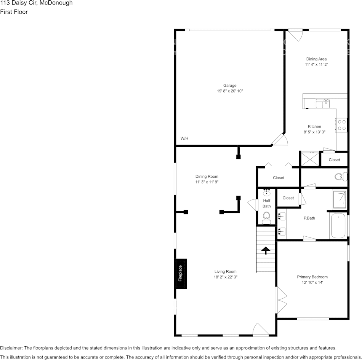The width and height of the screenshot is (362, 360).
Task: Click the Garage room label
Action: tap(230, 86)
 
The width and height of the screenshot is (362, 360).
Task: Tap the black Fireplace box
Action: tap(181, 274)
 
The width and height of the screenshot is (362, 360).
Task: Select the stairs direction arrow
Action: tap(265, 250)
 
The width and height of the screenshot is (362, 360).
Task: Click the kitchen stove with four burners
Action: tap(341, 125)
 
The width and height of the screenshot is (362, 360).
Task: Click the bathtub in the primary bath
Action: tap(338, 226)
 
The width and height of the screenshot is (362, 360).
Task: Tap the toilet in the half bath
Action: tap(266, 218)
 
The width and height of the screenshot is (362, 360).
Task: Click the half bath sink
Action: tap(267, 193)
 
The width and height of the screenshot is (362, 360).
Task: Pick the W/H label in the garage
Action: tap(184, 138)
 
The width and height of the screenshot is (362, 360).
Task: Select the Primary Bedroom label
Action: tap(312, 277)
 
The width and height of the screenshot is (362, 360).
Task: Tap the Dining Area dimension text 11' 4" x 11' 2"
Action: tap(316, 65)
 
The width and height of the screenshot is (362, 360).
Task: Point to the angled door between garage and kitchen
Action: tap(279, 140)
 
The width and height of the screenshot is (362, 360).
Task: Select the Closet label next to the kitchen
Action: tap(334, 160)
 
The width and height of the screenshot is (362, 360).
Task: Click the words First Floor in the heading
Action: tap(14, 12)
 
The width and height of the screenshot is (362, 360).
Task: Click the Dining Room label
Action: tap(207, 177)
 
